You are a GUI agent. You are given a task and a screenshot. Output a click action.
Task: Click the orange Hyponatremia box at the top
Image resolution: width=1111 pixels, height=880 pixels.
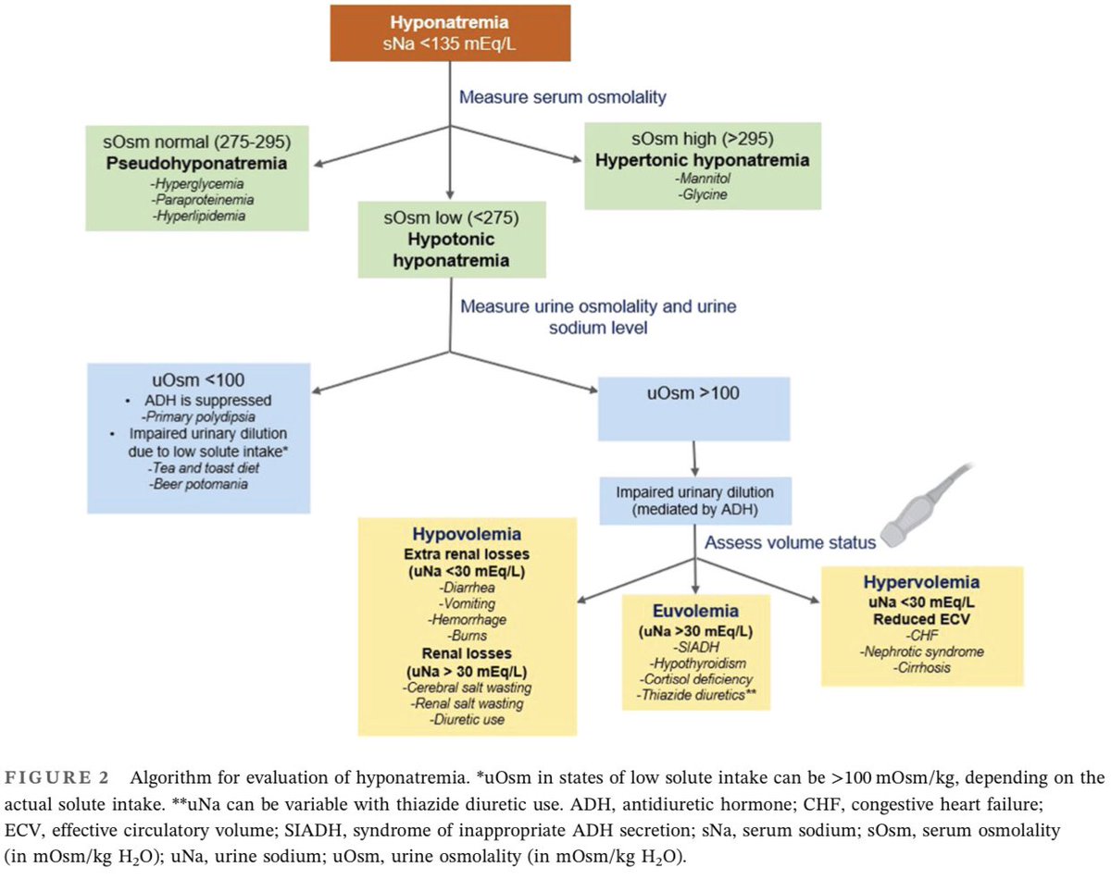(x=450, y=33)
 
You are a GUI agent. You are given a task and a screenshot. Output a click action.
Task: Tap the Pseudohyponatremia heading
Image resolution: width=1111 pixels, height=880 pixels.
(x=196, y=164)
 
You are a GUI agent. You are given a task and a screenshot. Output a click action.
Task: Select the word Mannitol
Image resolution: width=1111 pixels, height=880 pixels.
(x=703, y=179)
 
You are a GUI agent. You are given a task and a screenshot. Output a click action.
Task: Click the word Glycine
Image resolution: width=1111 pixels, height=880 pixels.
(x=703, y=194)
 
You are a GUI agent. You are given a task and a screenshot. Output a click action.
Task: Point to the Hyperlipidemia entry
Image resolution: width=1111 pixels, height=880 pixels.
(x=199, y=216)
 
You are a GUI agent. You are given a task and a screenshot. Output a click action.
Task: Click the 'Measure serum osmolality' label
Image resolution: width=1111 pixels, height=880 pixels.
(x=563, y=97)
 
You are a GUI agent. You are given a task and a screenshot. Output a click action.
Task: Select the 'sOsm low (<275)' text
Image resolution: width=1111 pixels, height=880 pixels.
(x=451, y=217)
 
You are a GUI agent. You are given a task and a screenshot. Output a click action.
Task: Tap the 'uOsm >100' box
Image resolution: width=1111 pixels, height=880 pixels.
(x=693, y=409)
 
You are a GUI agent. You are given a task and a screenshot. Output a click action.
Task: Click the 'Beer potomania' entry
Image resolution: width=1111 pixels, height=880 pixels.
(x=198, y=484)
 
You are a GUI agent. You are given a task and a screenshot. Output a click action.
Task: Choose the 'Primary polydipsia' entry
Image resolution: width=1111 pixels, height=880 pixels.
(x=198, y=416)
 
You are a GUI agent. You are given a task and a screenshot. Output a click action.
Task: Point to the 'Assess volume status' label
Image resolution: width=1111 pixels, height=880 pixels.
(x=791, y=542)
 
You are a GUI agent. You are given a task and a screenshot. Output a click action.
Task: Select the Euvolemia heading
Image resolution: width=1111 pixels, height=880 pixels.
(x=695, y=611)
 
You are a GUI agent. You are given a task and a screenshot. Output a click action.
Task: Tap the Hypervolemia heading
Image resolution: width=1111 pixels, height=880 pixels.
(x=921, y=582)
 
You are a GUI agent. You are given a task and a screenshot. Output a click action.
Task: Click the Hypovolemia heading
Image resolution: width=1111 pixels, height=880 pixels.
(x=467, y=534)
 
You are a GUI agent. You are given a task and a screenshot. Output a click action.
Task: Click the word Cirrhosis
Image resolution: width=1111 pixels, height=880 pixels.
(x=921, y=667)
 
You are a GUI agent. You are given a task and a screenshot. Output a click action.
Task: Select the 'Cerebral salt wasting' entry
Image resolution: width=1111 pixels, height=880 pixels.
(x=467, y=688)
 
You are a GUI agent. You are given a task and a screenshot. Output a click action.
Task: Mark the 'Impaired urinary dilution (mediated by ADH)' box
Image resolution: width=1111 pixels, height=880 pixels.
(x=695, y=501)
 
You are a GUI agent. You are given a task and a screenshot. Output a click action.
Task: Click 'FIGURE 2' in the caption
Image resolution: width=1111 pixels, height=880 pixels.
(x=56, y=778)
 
